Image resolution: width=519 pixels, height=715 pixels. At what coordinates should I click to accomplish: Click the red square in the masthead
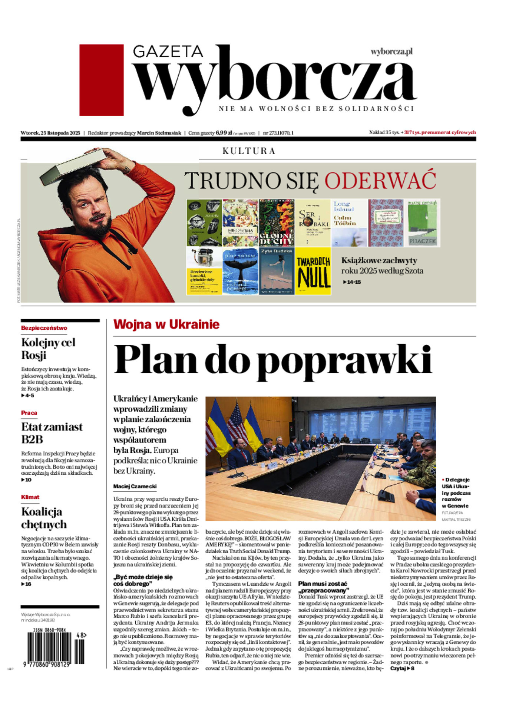(101, 80)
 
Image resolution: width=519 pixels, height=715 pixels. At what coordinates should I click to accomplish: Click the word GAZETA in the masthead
(168, 52)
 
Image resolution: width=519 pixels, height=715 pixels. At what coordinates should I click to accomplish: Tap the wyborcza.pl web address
(391, 52)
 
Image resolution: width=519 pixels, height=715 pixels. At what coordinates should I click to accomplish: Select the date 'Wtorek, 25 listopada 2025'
(50, 133)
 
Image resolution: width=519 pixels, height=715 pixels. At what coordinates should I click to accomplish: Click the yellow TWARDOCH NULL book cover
(313, 271)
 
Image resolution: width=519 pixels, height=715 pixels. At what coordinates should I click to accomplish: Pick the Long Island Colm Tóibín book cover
(349, 223)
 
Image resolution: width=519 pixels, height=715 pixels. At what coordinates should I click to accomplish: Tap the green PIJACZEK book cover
(423, 223)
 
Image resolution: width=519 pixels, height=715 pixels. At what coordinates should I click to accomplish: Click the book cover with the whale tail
(240, 271)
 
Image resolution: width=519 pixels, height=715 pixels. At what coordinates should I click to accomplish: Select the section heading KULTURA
(249, 151)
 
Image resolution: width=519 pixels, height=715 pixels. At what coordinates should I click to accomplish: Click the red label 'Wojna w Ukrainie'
(166, 324)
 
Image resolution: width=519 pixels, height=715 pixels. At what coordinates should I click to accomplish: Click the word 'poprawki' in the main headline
(344, 359)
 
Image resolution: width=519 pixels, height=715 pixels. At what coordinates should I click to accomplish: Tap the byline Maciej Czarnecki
(135, 486)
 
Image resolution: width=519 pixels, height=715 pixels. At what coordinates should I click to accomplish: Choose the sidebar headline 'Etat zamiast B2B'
(52, 433)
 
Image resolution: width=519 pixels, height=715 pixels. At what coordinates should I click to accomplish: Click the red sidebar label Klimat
(30, 497)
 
